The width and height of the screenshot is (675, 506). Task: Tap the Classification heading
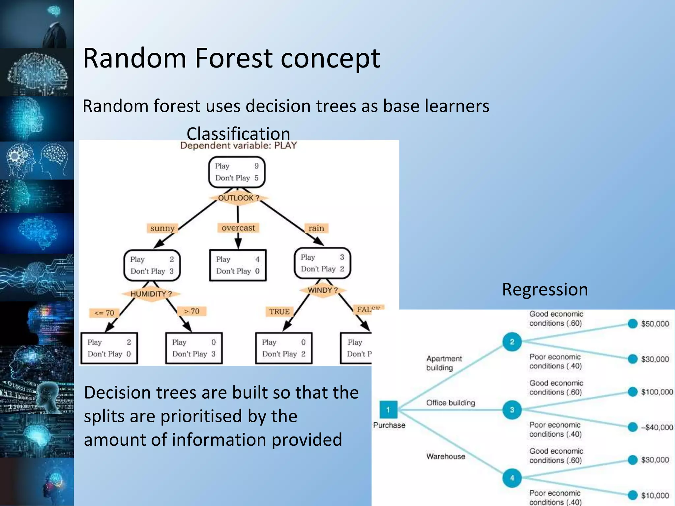[238, 133]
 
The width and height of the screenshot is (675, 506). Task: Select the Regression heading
[545, 290]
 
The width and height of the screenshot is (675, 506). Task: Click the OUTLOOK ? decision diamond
[238, 198]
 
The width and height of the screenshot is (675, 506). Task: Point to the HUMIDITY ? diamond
[151, 294]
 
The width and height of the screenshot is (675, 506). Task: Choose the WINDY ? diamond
[323, 290]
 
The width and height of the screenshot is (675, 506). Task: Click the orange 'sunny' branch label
[162, 228]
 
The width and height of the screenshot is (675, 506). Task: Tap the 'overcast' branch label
[238, 228]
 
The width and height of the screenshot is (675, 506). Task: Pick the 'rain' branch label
[316, 228]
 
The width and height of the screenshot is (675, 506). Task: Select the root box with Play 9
[237, 172]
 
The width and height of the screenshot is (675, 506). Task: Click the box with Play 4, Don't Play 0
[238, 265]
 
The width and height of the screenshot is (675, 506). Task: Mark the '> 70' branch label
[191, 311]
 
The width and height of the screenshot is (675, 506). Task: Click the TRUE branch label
[279, 311]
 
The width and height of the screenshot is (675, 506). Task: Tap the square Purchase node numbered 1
[388, 409]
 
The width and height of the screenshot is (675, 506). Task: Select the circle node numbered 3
[512, 410]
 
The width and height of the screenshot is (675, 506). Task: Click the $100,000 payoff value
[657, 392]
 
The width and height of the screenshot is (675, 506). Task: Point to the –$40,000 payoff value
[657, 428]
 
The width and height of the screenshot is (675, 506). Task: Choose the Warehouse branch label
[446, 456]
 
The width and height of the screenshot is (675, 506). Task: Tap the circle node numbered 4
[512, 478]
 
